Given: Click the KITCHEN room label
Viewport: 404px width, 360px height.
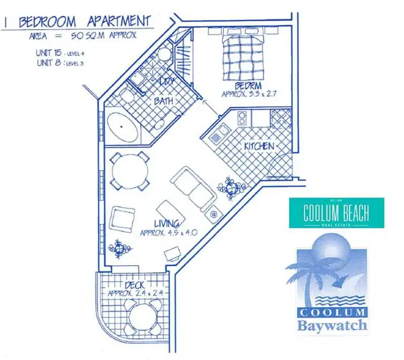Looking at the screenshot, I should click(x=259, y=146).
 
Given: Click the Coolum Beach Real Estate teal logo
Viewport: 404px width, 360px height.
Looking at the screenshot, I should click(x=337, y=213).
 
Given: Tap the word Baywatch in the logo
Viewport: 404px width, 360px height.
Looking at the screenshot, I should click(x=332, y=325).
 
